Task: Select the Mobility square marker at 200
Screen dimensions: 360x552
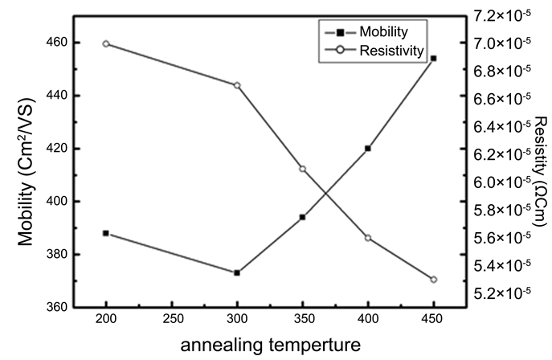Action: [x=106, y=233]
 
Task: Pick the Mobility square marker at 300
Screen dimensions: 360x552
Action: [x=237, y=273]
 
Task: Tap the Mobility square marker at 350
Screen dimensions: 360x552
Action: [x=303, y=217]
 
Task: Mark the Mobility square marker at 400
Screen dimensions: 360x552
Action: [x=368, y=148]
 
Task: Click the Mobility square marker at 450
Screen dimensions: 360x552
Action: [x=434, y=58]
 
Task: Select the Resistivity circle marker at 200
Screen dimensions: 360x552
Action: [x=106, y=43]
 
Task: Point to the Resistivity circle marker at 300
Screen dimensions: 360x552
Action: [x=237, y=85]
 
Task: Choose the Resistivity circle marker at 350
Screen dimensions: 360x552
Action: [x=303, y=169]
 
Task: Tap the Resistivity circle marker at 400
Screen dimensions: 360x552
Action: [x=368, y=238]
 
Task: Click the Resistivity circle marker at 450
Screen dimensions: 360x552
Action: [x=434, y=280]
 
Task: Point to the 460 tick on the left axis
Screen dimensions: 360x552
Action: [x=60, y=42]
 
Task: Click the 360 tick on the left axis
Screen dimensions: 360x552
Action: [x=60, y=308]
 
